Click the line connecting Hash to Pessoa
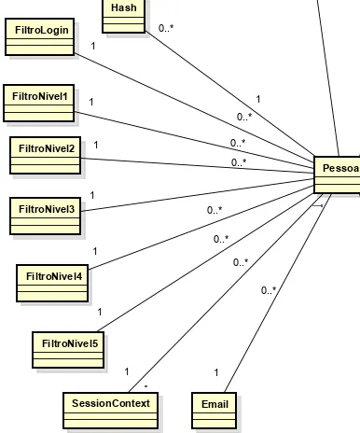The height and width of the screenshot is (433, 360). click(233, 94)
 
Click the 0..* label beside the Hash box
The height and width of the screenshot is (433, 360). click(166, 28)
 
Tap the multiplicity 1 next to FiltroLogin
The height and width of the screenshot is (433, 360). click(92, 45)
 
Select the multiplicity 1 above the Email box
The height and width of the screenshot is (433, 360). click(216, 373)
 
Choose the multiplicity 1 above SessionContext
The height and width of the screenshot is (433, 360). click(127, 371)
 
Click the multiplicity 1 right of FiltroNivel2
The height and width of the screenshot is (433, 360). click(95, 146)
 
